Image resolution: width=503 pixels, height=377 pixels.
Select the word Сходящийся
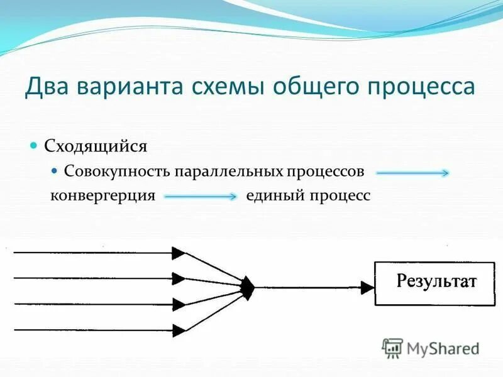[96, 146]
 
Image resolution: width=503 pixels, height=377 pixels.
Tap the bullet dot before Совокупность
[54, 170]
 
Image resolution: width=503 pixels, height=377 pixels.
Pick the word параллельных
[231, 172]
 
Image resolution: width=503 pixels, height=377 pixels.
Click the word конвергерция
[102, 195]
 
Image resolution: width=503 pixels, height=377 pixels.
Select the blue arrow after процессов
[412, 173]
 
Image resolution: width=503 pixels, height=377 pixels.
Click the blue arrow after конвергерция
[200, 196]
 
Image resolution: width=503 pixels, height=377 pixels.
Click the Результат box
[435, 283]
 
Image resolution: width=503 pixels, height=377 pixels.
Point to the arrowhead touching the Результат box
[368, 288]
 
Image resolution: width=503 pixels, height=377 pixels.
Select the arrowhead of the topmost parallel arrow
[179, 253]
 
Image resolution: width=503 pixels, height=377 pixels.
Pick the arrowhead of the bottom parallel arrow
[179, 328]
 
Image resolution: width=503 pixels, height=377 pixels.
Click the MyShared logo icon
[393, 347]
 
